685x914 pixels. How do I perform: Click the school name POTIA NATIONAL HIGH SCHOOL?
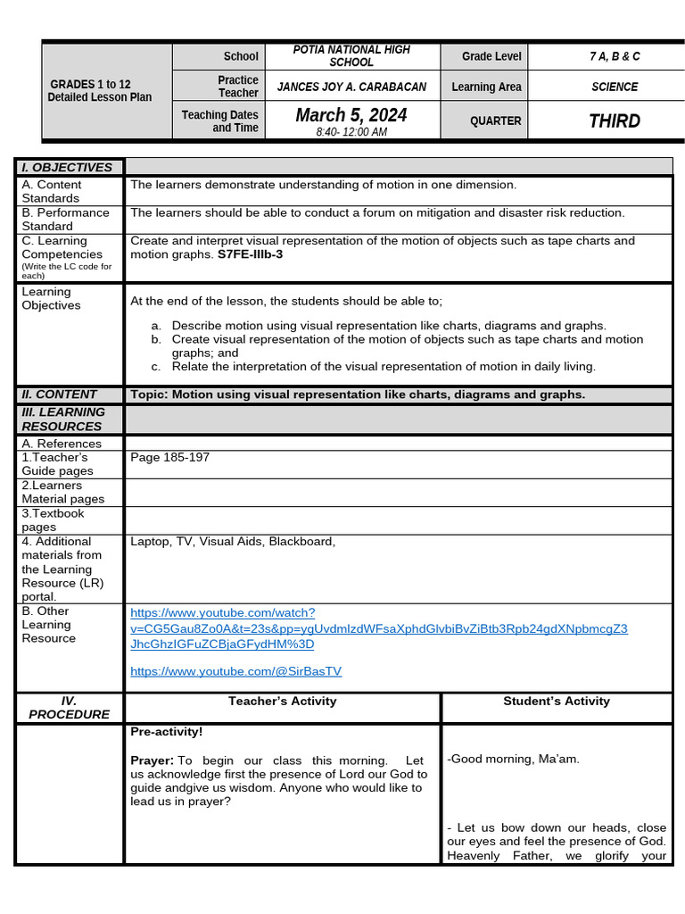click(351, 56)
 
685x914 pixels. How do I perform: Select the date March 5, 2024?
click(351, 115)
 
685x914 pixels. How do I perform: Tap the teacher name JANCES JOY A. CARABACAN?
click(351, 87)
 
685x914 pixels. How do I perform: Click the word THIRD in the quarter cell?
click(615, 120)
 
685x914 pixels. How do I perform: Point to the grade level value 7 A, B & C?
click(615, 56)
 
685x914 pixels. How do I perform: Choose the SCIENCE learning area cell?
click(615, 87)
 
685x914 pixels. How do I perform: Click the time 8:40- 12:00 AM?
click(351, 132)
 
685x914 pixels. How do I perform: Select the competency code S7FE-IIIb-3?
click(250, 254)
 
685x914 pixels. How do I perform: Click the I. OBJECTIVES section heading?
click(67, 167)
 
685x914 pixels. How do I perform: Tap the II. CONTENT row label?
click(59, 395)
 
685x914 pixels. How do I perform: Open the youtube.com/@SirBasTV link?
click(235, 671)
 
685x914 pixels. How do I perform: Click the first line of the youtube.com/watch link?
click(222, 612)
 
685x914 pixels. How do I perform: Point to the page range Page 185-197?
click(169, 457)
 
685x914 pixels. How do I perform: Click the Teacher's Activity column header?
click(282, 702)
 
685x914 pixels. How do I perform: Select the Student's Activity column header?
click(557, 702)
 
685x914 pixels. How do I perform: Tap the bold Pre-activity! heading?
click(167, 732)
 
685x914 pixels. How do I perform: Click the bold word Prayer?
click(152, 760)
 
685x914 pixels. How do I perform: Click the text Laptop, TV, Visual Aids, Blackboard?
click(232, 541)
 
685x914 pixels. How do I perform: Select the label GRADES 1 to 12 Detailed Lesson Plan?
click(100, 90)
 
